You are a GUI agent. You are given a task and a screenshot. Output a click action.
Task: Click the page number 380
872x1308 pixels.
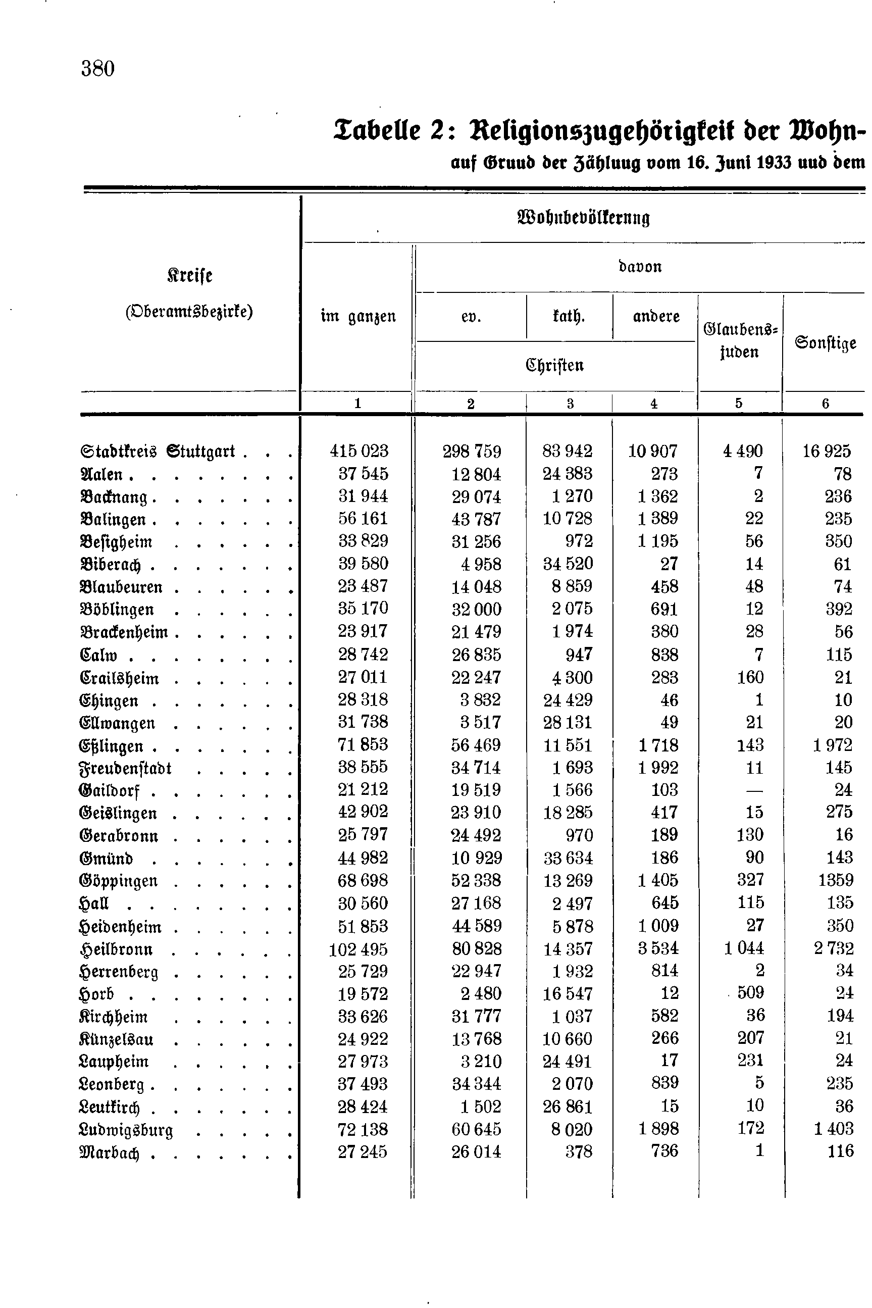coord(98,69)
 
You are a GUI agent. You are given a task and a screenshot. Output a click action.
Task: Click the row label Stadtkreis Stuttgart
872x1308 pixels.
coord(158,451)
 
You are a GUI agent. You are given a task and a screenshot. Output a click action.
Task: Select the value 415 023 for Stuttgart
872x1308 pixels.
coord(358,450)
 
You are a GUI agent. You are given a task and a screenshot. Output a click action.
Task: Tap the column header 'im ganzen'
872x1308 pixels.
coord(358,317)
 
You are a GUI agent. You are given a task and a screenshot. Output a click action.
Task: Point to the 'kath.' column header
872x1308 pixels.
coord(569,317)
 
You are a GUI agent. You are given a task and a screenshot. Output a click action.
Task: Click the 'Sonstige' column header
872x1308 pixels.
coord(825,342)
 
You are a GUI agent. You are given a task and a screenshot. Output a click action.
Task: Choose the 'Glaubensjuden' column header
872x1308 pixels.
coord(740,340)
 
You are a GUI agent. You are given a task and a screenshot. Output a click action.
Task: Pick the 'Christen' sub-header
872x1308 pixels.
coord(554,365)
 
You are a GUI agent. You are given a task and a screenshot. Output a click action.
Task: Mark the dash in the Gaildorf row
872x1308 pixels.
coord(754,790)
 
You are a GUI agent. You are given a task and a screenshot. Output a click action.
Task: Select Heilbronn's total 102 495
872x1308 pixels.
coord(358,949)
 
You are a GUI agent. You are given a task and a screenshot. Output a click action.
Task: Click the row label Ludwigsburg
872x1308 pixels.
coord(126,1130)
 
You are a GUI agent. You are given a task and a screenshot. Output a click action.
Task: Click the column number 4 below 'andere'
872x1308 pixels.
coord(654,404)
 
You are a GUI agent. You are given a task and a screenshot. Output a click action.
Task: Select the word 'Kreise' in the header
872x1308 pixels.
coord(190,275)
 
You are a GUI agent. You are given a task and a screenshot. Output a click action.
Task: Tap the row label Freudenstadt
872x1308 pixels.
coord(125,768)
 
